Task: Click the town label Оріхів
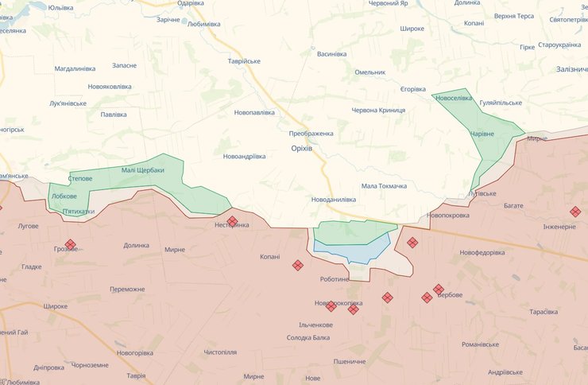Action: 301,149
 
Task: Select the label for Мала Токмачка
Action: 384,186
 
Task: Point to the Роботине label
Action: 335,279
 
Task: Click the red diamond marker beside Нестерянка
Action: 232,221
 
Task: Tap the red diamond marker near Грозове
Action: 70,244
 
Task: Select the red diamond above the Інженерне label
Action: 574,212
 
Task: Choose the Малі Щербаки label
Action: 143,170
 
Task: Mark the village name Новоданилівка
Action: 334,200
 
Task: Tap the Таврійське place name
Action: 244,61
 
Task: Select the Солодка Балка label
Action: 308,338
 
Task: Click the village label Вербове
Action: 451,295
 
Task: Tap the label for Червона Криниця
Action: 379,110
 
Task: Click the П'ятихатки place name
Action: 78,212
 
